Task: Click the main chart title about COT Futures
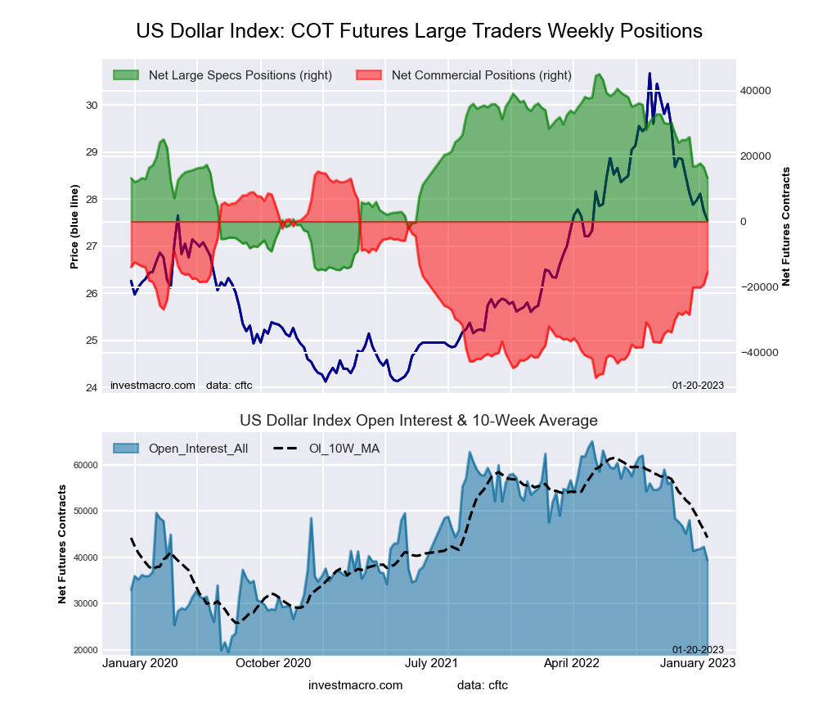[x=419, y=31]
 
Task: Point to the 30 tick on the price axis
[x=92, y=105]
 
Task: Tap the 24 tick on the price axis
[x=92, y=387]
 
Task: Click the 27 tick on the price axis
[x=92, y=246]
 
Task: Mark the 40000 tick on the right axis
[x=756, y=91]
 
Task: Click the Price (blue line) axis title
[x=74, y=227]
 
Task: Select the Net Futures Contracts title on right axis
[x=786, y=227]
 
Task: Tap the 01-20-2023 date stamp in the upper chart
[x=698, y=385]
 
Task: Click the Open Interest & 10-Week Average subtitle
[x=419, y=421]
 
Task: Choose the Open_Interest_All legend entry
[x=198, y=448]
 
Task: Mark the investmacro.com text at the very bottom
[x=356, y=684]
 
